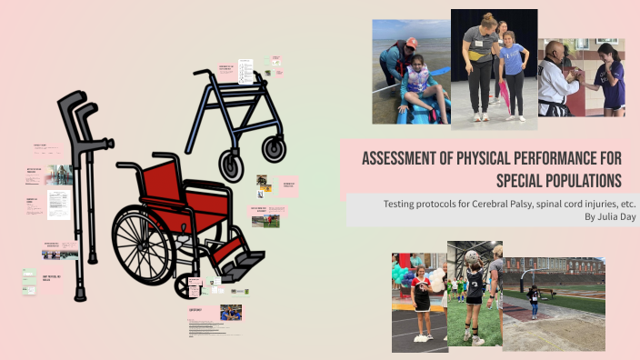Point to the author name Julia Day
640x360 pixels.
click(595, 217)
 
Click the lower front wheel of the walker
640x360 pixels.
click(232, 166)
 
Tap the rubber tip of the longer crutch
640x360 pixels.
click(81, 293)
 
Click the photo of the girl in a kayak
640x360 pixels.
click(411, 72)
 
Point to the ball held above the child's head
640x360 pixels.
click(473, 257)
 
